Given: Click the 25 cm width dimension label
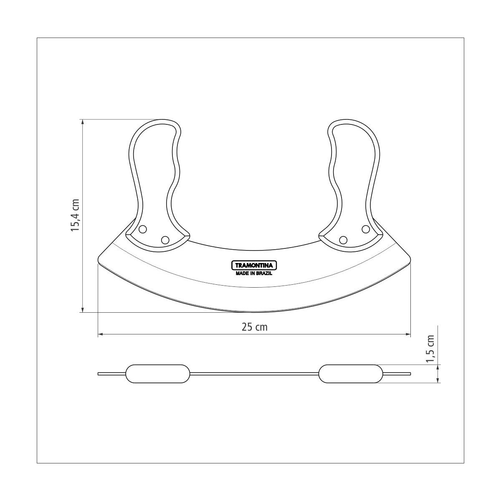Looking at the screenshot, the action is pos(254,327).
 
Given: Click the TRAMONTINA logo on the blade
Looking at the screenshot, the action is pos(254,266).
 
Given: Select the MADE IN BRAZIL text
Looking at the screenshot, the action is pos(254,273).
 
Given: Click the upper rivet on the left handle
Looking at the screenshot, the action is pos(142,229).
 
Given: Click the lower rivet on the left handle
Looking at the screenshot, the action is pos(165,240).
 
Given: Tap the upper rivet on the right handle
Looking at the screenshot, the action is pos(366,229).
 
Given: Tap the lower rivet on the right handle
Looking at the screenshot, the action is pos(343,240).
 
